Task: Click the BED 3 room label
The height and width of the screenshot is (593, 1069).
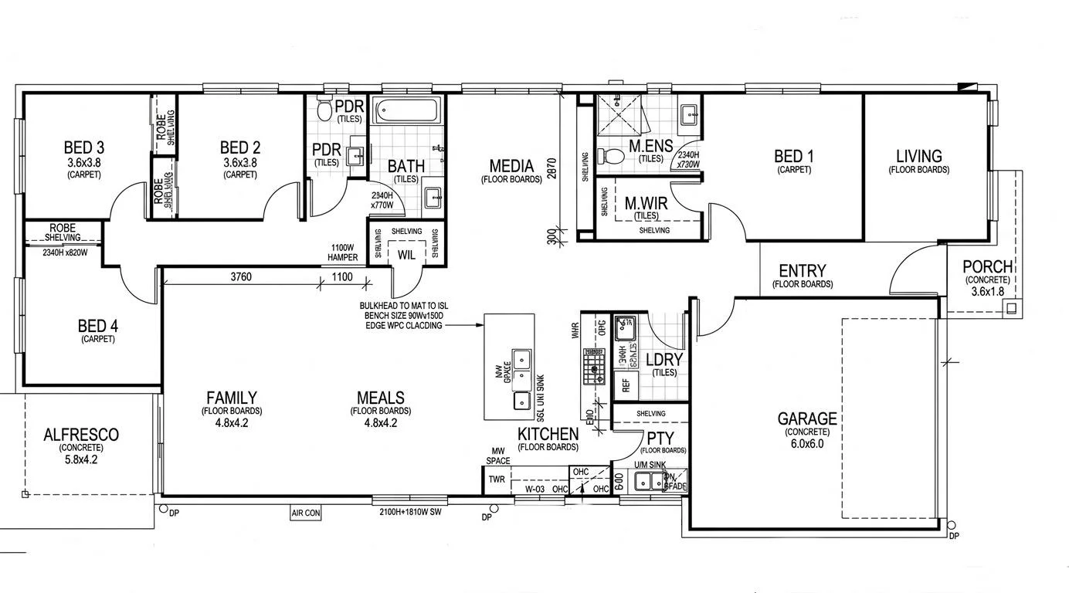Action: click(84, 147)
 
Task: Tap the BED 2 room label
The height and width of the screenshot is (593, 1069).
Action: click(239, 147)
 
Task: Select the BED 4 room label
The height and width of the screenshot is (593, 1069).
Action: click(97, 326)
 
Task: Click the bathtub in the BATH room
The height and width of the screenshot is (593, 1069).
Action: click(407, 112)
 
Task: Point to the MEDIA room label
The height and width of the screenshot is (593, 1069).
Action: click(511, 166)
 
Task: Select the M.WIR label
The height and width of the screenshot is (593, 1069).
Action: click(646, 204)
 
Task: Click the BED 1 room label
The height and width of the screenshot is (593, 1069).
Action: click(793, 157)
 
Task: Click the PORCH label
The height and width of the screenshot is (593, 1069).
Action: click(986, 267)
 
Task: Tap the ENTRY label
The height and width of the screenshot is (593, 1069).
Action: click(802, 271)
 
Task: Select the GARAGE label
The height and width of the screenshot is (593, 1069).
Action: click(807, 419)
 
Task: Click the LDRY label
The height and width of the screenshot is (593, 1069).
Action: click(663, 360)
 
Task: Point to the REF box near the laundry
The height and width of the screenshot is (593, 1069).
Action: click(625, 382)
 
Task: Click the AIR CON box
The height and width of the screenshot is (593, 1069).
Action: click(306, 512)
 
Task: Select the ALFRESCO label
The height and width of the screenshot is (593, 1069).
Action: click(81, 435)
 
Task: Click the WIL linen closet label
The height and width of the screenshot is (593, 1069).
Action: click(406, 254)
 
